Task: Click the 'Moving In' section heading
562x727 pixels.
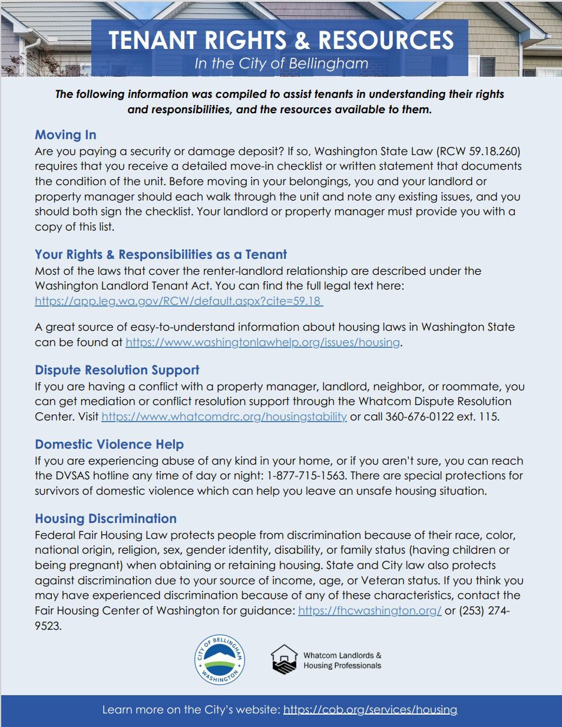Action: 65,135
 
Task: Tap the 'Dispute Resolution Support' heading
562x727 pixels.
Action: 117,370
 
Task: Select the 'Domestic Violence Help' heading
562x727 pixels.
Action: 109,445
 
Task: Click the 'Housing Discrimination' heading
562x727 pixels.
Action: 105,519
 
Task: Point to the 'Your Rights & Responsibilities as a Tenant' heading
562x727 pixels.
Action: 161,255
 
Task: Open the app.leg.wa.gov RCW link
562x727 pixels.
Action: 178,301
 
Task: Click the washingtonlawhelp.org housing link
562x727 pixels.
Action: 263,343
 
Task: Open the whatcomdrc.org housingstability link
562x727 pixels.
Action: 224,417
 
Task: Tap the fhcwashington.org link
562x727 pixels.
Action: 369,611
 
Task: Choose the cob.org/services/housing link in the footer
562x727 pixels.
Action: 370,710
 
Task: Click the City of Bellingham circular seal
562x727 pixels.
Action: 219,660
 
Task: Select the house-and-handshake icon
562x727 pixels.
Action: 284,660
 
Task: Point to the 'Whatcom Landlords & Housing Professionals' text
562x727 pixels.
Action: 342,660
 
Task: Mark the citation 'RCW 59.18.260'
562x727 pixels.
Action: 478,152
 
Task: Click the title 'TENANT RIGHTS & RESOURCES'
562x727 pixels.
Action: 281,40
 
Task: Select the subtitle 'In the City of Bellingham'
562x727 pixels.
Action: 281,64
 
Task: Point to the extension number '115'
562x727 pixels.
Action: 488,417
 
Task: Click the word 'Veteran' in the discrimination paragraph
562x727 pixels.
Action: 381,581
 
